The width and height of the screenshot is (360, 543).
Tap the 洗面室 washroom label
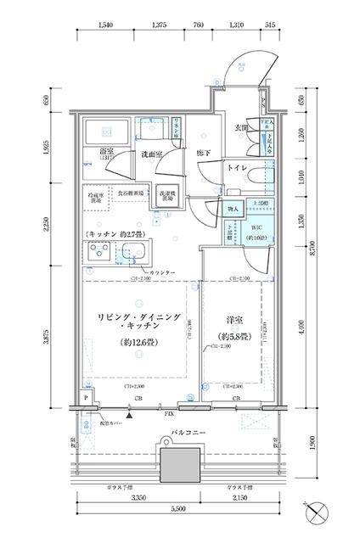point(153,154)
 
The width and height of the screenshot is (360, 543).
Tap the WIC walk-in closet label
point(255,228)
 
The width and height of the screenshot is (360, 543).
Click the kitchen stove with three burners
point(98,252)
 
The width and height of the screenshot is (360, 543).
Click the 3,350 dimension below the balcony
point(139,507)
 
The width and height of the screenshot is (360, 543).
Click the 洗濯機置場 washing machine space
point(168,198)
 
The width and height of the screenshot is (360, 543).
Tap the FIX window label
point(170,416)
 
